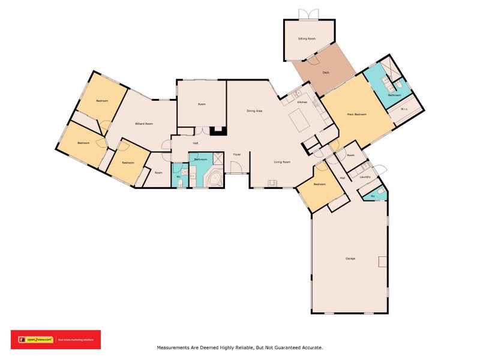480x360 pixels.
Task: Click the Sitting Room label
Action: (x=307, y=38)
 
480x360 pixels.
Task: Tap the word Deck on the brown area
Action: (x=326, y=73)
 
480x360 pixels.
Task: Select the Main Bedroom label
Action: (x=356, y=114)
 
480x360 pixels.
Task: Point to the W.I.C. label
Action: (x=404, y=109)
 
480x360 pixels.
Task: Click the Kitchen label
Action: (x=302, y=102)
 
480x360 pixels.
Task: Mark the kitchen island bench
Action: (x=299, y=119)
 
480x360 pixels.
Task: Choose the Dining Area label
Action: (x=254, y=111)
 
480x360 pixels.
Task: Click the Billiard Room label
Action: (x=144, y=124)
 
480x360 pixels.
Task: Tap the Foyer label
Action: (x=237, y=155)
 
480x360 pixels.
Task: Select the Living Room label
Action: (x=282, y=162)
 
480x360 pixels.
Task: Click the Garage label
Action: (x=350, y=259)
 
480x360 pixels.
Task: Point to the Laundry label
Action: (x=365, y=177)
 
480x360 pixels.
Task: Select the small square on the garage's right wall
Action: (x=382, y=261)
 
